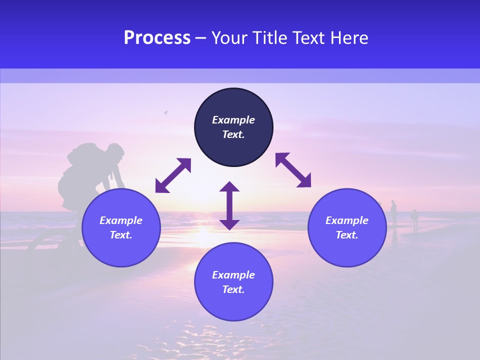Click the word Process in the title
(x=157, y=38)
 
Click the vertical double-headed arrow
(x=229, y=205)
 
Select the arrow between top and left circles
(x=173, y=175)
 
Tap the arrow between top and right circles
(x=293, y=170)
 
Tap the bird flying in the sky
(x=165, y=113)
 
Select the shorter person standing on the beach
(x=414, y=219)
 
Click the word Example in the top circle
(x=233, y=120)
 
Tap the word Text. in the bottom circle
(x=233, y=289)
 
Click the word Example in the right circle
(x=347, y=220)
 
